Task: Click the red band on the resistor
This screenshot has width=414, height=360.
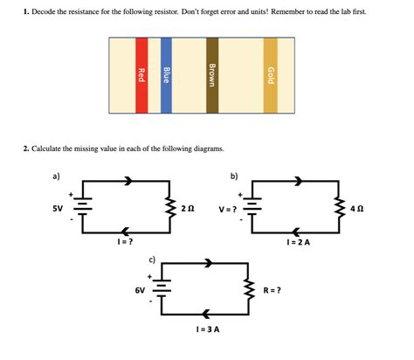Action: [141, 76]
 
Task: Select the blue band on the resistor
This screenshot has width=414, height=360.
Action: [166, 76]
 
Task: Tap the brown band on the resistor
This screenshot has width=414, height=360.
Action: [212, 76]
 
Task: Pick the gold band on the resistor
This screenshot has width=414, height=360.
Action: [271, 76]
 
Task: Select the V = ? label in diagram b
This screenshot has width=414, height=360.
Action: [230, 209]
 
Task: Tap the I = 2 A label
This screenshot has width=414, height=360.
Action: [299, 242]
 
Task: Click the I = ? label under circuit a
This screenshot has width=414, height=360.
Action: [124, 240]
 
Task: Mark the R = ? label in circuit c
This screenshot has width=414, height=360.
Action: [272, 289]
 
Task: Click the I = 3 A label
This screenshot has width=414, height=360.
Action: [208, 329]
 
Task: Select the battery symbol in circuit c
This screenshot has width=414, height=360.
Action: [163, 289]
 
